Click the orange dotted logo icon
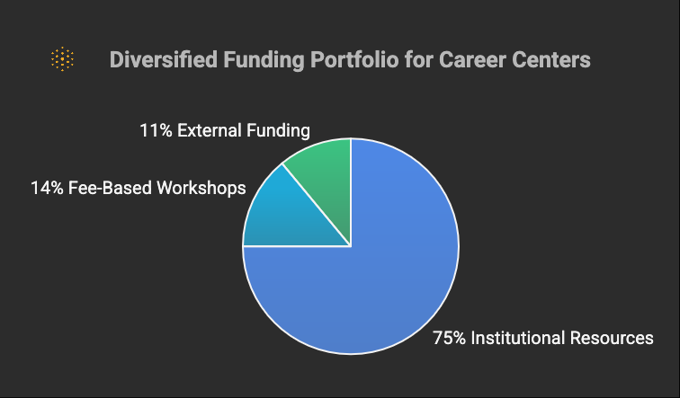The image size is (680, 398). coord(62,59)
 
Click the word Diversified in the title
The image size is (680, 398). coord(164,59)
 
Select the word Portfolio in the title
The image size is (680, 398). coord(354,59)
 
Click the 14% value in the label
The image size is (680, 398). coord(47,188)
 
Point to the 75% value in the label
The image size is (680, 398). coord(450,338)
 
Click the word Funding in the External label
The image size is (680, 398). coord(279,131)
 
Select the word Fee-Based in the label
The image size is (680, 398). coord(110,188)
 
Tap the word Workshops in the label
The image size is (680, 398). coord(201,189)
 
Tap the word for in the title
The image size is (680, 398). coord(419,59)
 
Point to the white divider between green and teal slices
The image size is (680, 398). coord(317,205)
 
